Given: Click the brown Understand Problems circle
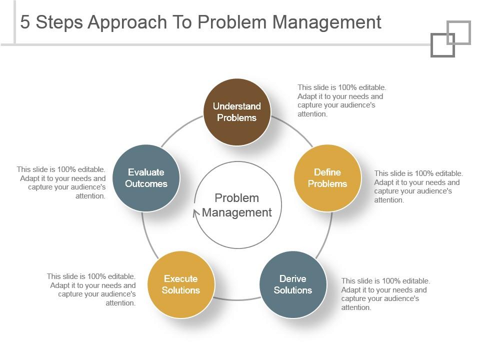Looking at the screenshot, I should pyautogui.click(x=237, y=112).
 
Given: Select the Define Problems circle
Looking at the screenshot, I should pyautogui.click(x=327, y=178).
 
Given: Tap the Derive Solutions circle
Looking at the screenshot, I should pyautogui.click(x=293, y=284).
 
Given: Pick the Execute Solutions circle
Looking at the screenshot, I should pyautogui.click(x=181, y=284).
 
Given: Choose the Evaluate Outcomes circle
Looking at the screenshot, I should pyautogui.click(x=146, y=178).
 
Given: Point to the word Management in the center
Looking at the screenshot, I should pyautogui.click(x=237, y=212).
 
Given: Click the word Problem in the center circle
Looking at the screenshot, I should pyautogui.click(x=237, y=198).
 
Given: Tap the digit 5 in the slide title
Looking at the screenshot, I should pyautogui.click(x=25, y=22).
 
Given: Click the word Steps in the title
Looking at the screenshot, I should pyautogui.click(x=60, y=22).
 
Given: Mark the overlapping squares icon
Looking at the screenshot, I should pyautogui.click(x=450, y=39).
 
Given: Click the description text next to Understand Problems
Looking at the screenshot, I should pyautogui.click(x=341, y=100).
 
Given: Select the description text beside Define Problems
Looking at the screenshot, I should pyautogui.click(x=418, y=186).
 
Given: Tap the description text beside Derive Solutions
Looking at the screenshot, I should pyautogui.click(x=385, y=294).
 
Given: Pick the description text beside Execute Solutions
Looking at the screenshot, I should pyautogui.click(x=92, y=289).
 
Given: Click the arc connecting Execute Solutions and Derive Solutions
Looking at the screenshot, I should pyautogui.click(x=237, y=299).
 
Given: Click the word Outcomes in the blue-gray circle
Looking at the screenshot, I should pyautogui.click(x=146, y=184).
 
